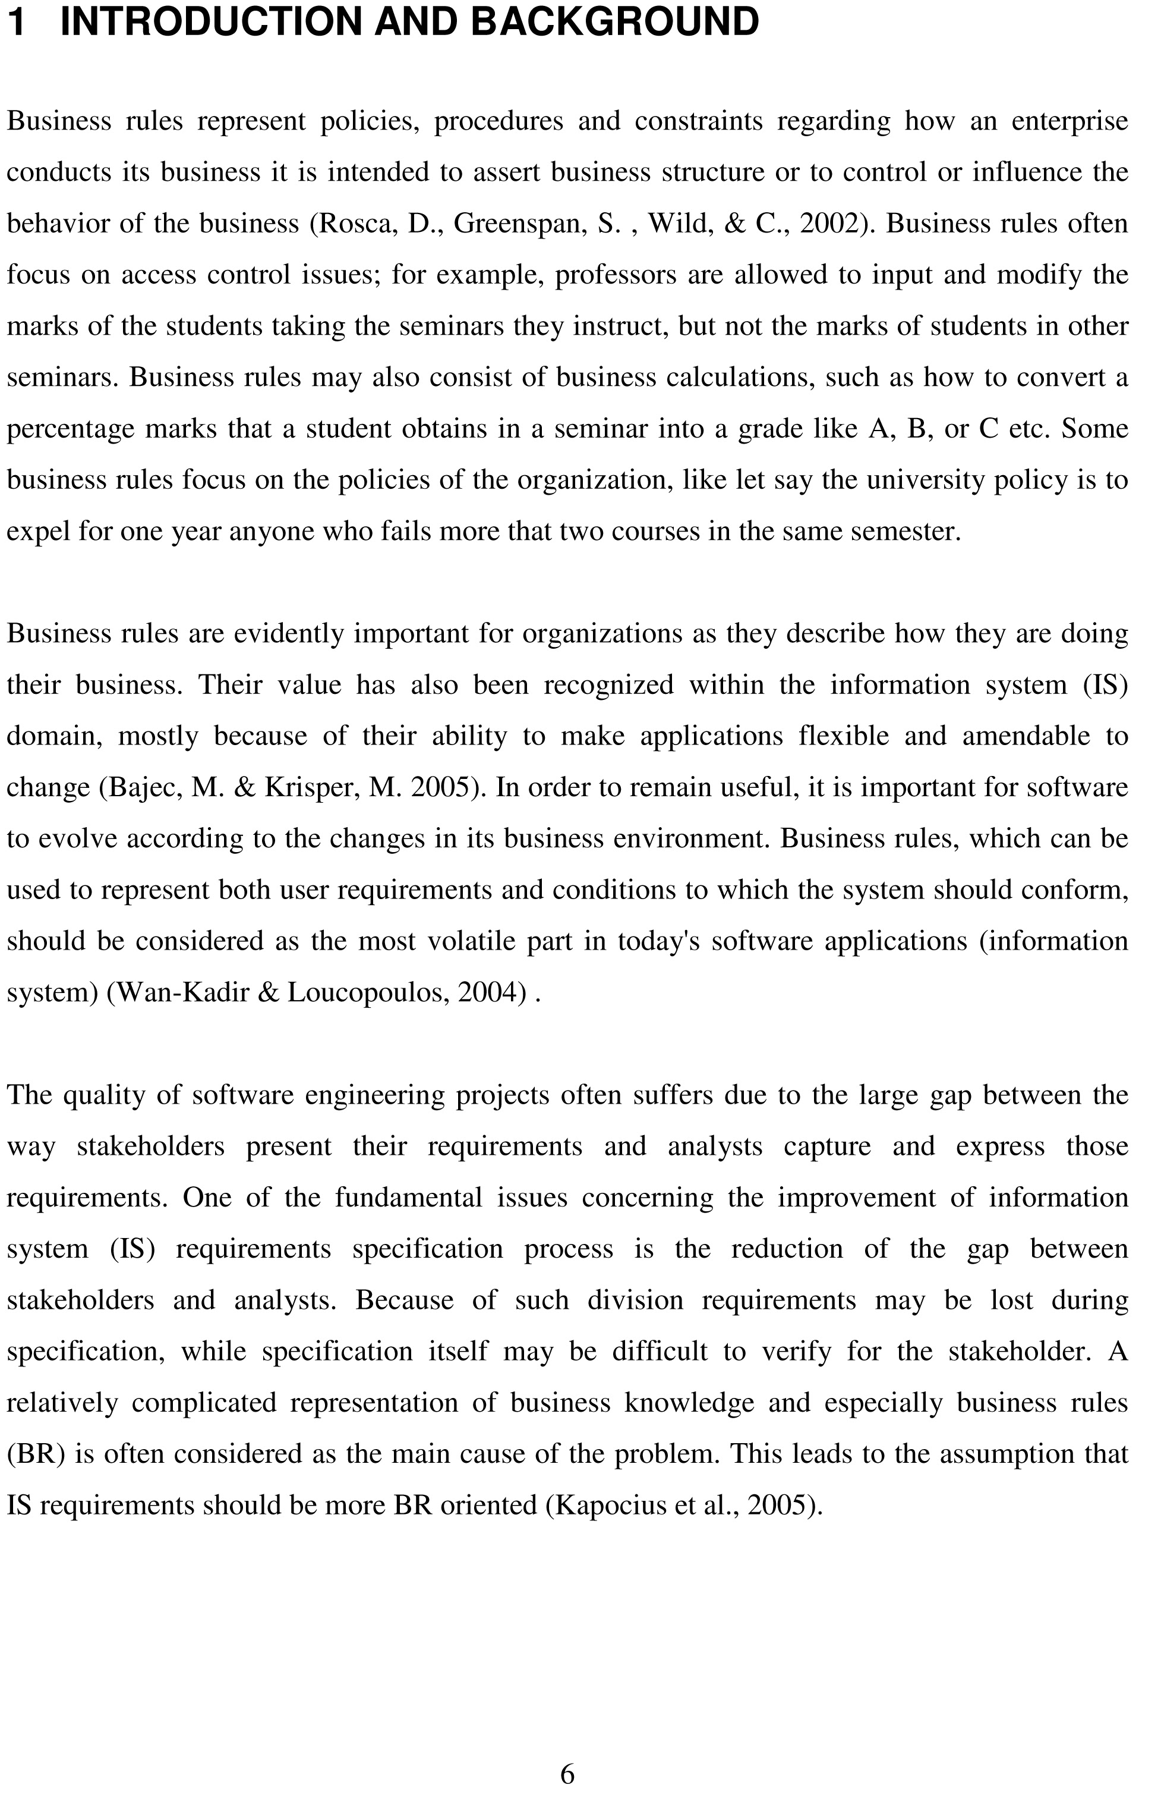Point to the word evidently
click(289, 633)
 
